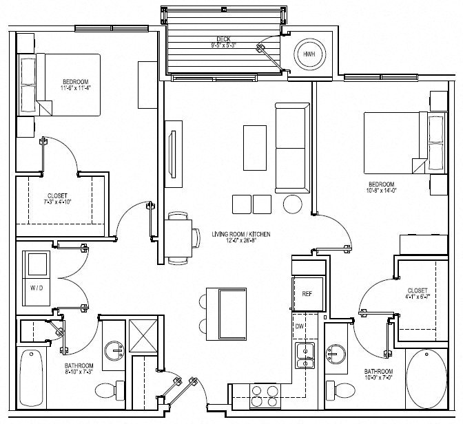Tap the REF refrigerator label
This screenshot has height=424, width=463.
tap(307, 293)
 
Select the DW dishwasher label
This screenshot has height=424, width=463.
tap(300, 326)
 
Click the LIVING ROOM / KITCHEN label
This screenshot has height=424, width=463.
tap(240, 235)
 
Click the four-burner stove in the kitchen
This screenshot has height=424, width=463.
tap(263, 397)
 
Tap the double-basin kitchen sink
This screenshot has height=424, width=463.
tap(304, 357)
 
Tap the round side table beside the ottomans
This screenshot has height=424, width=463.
tap(292, 204)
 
